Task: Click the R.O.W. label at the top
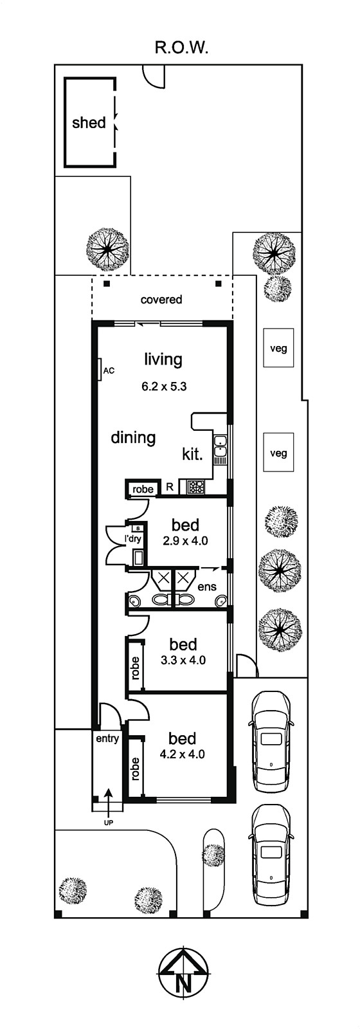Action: point(182,48)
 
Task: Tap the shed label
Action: point(89,123)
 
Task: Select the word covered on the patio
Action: point(161,300)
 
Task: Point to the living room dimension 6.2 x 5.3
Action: point(164,387)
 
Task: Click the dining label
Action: point(133,437)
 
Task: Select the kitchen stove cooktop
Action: point(196,487)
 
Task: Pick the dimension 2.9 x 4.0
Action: point(186,541)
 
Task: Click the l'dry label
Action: point(134,540)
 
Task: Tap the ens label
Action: point(206,587)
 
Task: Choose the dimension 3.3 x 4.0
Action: point(183,660)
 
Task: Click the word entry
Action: point(107,739)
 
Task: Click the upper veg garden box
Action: point(278,348)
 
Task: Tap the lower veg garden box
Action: point(278,453)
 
